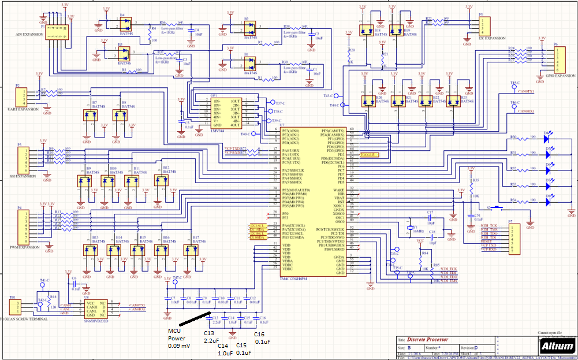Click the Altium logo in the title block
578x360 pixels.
pos(557,346)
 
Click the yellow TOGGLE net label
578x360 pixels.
pos(367,155)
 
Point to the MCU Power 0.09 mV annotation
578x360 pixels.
pos(179,339)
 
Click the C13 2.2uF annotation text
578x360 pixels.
pos(211,337)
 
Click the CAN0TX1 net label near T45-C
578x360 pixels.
pos(526,91)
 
